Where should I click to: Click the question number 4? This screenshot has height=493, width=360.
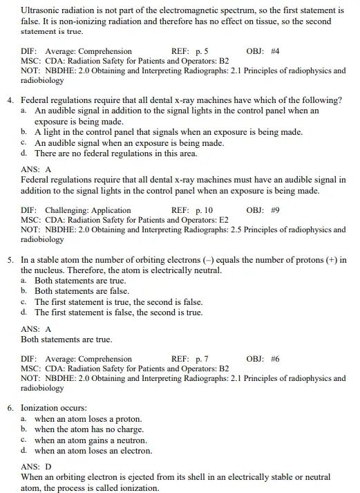[x=11, y=100]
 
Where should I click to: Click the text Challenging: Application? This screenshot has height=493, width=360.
[x=88, y=210]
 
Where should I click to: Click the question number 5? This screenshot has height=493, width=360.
[x=11, y=260]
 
